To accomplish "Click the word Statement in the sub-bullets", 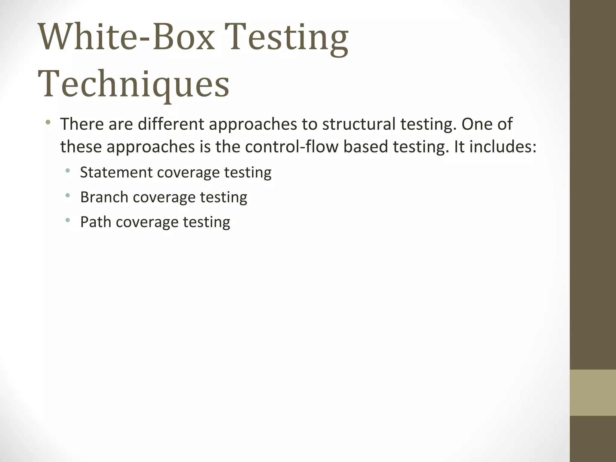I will pyautogui.click(x=116, y=172).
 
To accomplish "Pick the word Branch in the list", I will pyautogui.click(x=104, y=197).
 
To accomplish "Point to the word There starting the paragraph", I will pyautogui.click(x=82, y=124).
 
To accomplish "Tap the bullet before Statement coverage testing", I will pyautogui.click(x=67, y=171).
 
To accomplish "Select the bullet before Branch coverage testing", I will pyautogui.click(x=67, y=196).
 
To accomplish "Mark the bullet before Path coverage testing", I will pyautogui.click(x=67, y=220).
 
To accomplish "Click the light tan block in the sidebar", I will pyautogui.click(x=593, y=393).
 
